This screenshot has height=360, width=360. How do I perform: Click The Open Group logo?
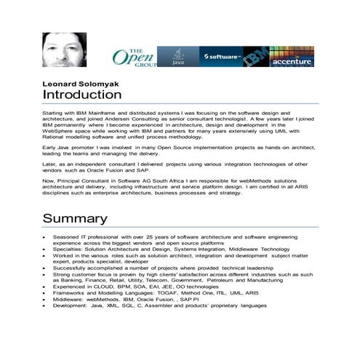point(134,57)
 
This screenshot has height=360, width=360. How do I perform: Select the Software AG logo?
point(221,57)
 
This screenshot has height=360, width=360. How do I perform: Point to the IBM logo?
point(255,57)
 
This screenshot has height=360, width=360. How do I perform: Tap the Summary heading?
point(75,218)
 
